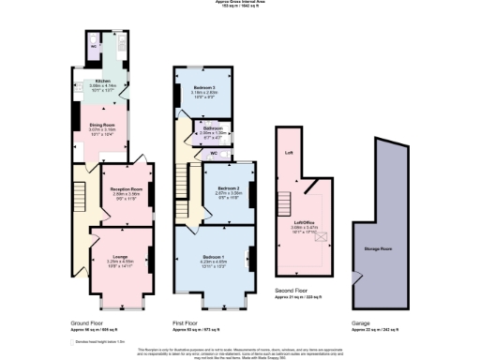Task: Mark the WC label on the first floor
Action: (213, 152)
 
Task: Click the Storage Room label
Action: (379, 249)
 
